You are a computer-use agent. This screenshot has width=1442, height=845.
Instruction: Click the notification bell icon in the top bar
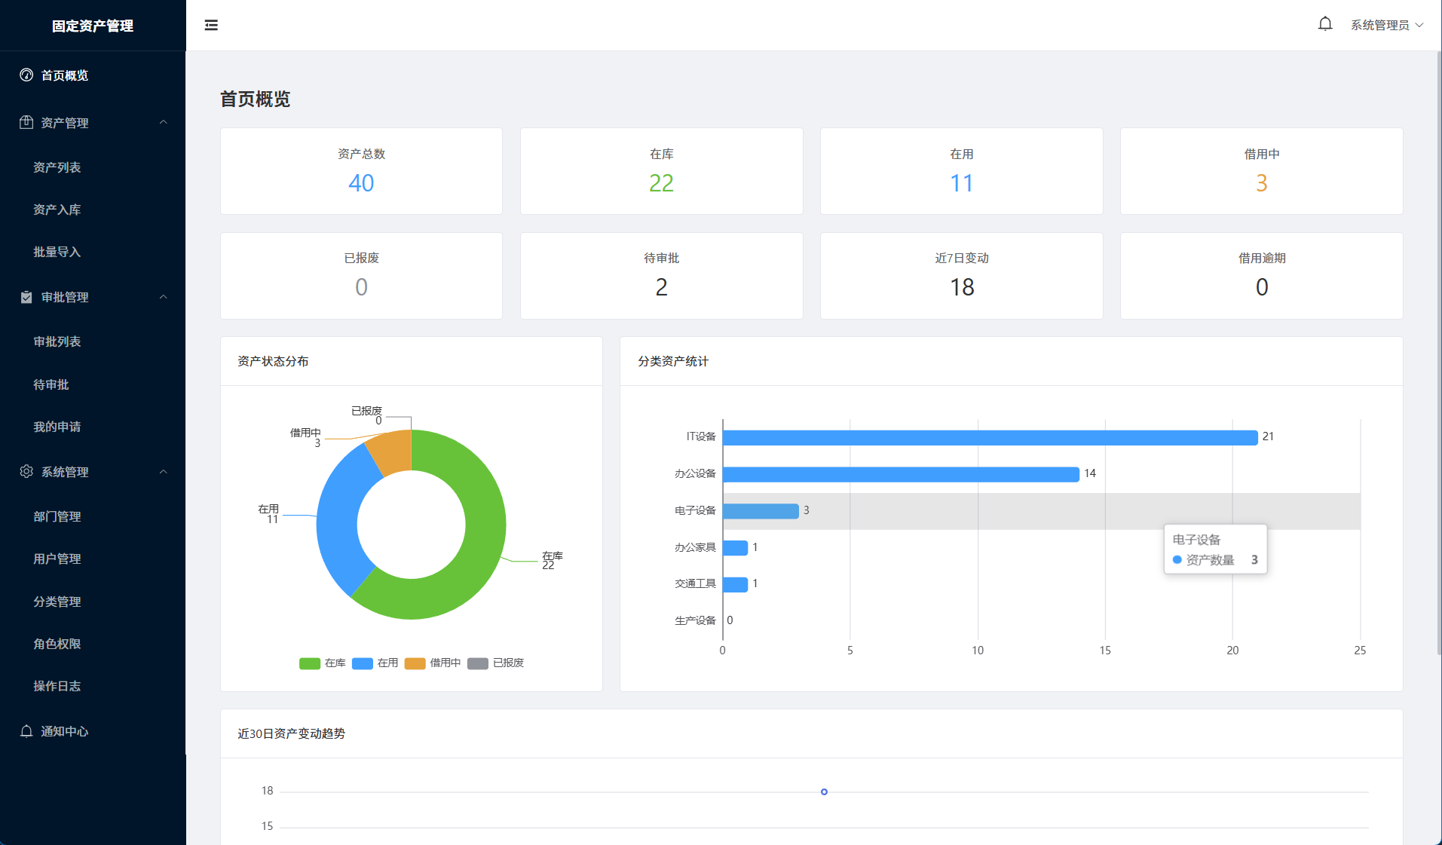click(x=1324, y=24)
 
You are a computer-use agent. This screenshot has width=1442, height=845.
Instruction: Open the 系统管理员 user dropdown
click(x=1386, y=25)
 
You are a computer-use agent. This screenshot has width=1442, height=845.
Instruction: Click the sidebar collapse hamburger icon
click(x=211, y=25)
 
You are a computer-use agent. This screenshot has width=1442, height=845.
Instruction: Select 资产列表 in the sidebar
click(x=57, y=167)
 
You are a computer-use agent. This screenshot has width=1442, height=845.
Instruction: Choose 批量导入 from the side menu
click(x=57, y=252)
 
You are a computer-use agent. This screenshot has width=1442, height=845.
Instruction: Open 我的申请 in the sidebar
click(x=57, y=427)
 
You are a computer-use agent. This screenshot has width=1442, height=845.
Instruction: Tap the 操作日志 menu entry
click(x=57, y=686)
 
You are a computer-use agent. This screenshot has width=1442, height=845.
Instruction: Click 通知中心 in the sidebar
click(x=65, y=731)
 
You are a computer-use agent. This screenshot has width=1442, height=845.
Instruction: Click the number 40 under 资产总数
click(x=361, y=183)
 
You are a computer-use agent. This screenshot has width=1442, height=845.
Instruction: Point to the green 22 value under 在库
click(x=661, y=183)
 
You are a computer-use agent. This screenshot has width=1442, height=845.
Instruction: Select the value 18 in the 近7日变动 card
click(x=962, y=287)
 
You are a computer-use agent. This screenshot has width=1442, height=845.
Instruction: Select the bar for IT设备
click(x=990, y=437)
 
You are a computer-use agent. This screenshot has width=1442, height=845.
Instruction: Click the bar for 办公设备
click(x=901, y=474)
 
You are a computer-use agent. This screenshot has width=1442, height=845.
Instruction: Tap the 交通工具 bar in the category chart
click(x=735, y=584)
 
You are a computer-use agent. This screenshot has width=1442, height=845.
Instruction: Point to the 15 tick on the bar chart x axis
click(x=1105, y=650)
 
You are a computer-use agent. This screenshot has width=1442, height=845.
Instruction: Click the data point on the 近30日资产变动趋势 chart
click(x=824, y=791)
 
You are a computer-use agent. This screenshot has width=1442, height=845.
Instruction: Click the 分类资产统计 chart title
click(x=673, y=361)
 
